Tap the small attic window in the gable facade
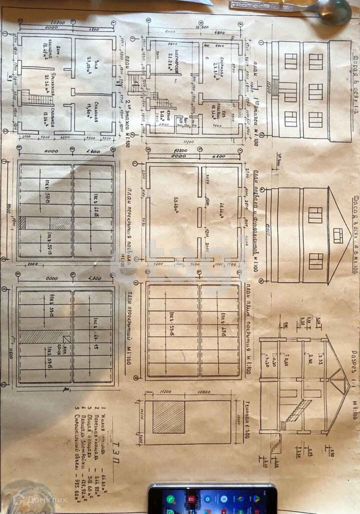click(x=338, y=234)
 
